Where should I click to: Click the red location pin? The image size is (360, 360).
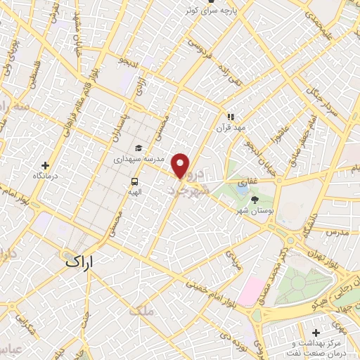pos(181,166)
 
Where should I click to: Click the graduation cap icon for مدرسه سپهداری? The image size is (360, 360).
pos(139,148)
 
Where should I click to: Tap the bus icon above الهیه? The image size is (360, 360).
pos(134,181)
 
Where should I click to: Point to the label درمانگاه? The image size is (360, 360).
pos(46,177)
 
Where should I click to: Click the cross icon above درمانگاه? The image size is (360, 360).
pos(46,165)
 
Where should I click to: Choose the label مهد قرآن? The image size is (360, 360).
pos(230,129)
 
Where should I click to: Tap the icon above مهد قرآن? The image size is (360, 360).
pos(230,117)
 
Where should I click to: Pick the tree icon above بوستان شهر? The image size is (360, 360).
pos(255,199)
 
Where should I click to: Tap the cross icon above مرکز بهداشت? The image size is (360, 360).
pos(316,331)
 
